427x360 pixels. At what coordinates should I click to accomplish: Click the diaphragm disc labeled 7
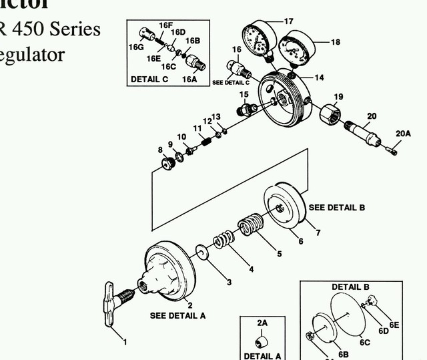[x=285, y=208]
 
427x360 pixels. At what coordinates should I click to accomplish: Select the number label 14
[x=318, y=78]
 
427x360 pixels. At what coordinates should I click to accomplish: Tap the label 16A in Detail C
[x=189, y=79]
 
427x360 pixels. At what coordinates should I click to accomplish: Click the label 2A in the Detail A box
[x=262, y=323]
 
